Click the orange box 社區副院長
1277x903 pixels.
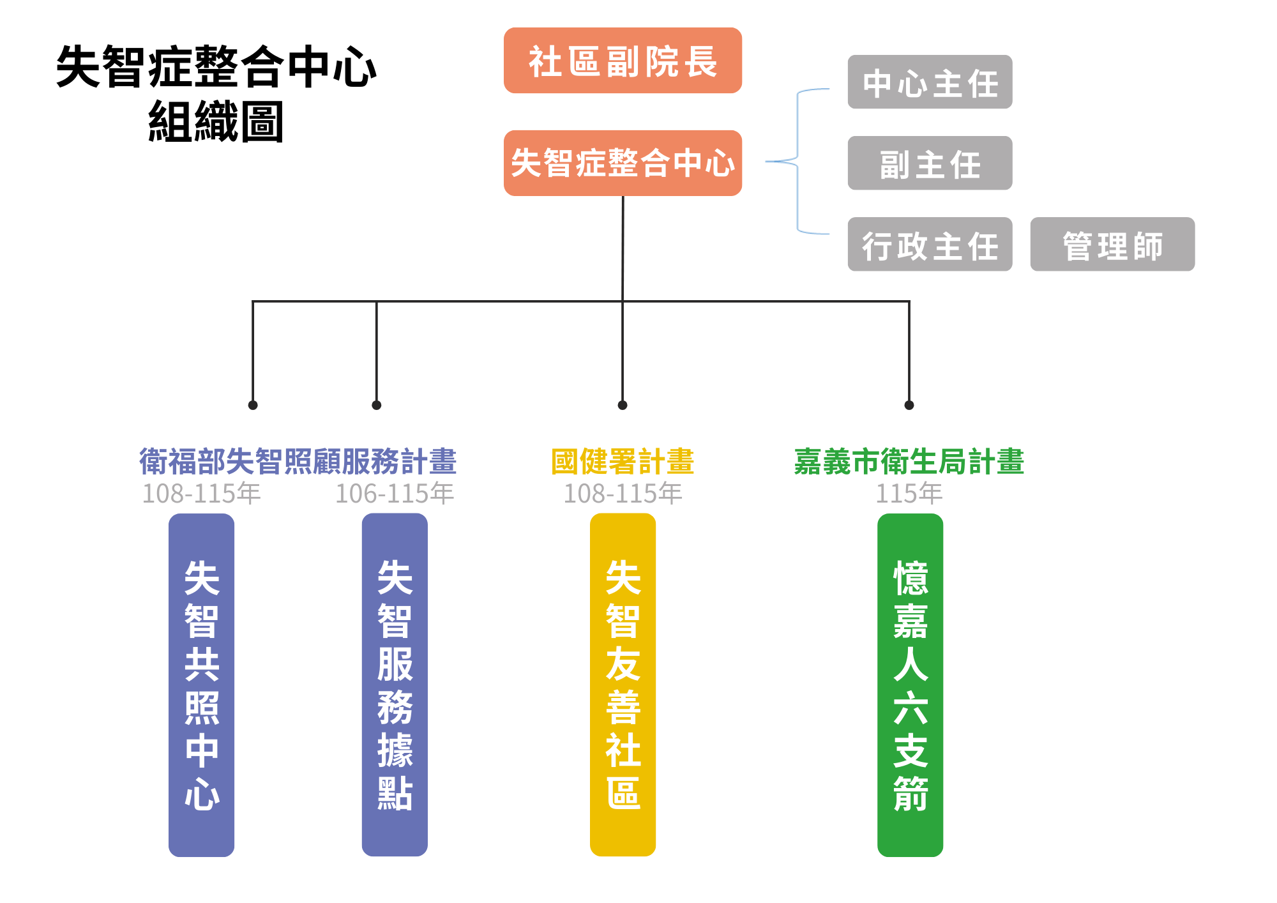623,61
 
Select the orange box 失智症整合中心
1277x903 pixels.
623,163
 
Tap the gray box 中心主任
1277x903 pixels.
930,82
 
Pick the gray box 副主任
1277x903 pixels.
930,163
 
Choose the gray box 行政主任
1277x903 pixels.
930,245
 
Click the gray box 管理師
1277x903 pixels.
1112,245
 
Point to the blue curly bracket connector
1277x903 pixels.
797,162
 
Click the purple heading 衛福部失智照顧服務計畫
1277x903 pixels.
298,462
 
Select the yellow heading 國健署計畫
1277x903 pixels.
623,462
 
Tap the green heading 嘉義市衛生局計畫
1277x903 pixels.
909,462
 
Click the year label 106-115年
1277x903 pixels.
395,494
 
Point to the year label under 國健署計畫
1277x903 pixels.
623,494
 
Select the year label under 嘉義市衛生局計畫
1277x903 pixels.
909,494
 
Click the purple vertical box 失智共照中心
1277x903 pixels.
202,685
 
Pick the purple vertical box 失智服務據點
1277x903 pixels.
395,685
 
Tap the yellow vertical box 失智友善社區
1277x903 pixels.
623,685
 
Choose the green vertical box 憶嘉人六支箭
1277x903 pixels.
910,685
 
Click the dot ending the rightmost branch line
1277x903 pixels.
909,405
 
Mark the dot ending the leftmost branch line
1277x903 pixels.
253,405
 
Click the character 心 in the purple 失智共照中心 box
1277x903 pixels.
202,794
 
